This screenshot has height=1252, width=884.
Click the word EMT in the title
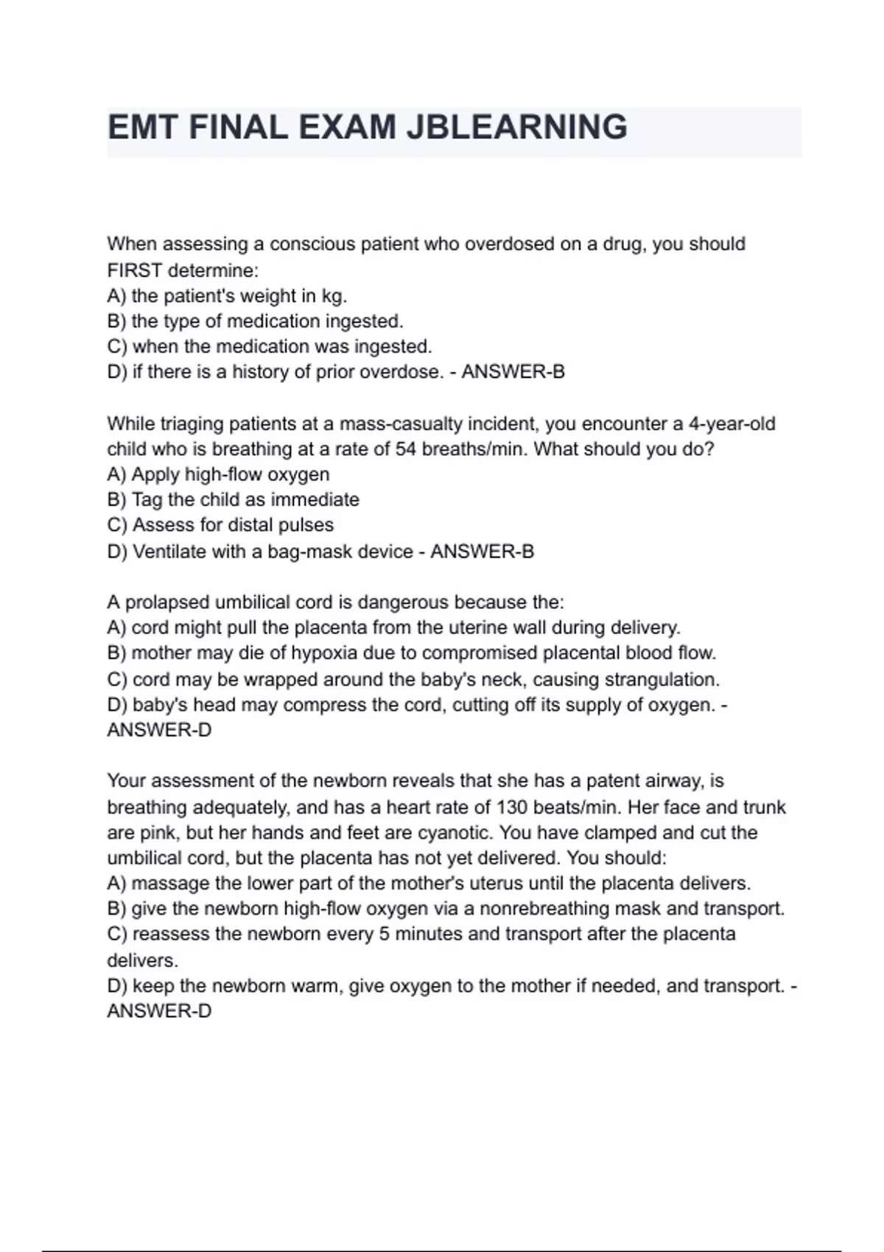coord(144,127)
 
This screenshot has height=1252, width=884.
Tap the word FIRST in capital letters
coord(134,270)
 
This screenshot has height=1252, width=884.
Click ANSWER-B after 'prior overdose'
coord(513,372)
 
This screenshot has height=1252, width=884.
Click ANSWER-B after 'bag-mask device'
coord(482,552)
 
